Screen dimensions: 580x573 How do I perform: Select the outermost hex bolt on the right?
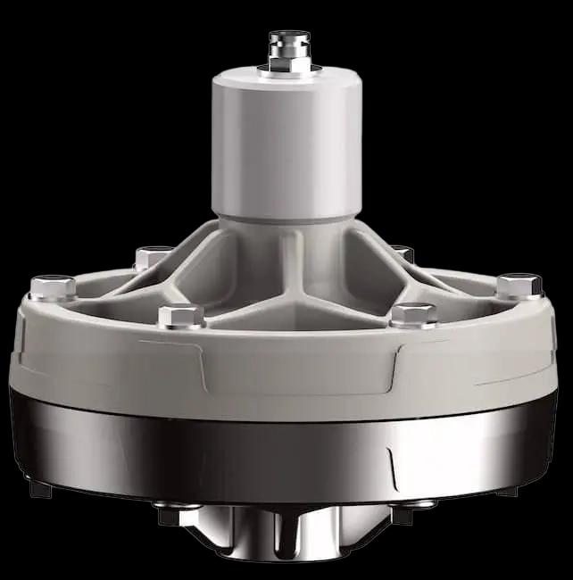519,286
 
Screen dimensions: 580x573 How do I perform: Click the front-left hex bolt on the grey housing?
181,315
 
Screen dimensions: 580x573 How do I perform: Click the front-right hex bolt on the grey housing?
413,314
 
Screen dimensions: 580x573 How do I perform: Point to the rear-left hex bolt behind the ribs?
153,258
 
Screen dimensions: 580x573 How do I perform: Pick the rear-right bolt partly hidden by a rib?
403,254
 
